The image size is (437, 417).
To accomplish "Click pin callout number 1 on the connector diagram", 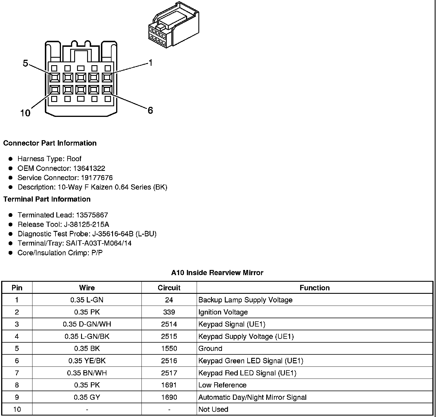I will click(x=150, y=63).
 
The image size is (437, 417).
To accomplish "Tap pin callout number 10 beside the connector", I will click(x=25, y=113).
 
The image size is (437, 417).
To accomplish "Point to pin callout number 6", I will click(x=150, y=110).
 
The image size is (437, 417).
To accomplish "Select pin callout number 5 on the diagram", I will click(x=26, y=63).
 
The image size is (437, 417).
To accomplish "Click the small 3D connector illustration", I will click(x=173, y=25).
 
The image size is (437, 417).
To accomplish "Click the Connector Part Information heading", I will click(x=50, y=143).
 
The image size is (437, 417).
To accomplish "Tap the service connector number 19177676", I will click(x=97, y=178).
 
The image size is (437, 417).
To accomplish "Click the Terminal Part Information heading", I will click(x=47, y=199).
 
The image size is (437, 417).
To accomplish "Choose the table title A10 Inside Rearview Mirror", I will click(x=217, y=273).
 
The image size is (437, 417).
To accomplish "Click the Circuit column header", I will click(x=169, y=288).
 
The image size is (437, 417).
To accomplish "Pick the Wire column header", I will click(x=87, y=288).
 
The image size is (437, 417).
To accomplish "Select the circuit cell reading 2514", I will click(x=169, y=324).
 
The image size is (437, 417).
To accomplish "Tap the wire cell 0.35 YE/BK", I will click(x=87, y=361).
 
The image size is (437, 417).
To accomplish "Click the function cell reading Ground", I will click(x=210, y=349).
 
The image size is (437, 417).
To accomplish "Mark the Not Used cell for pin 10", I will click(x=213, y=410).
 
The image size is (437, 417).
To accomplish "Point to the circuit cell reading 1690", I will click(x=169, y=397).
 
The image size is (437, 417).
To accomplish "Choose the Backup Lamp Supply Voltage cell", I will click(x=245, y=300).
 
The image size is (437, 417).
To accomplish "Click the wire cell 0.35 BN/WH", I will click(x=87, y=373).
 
